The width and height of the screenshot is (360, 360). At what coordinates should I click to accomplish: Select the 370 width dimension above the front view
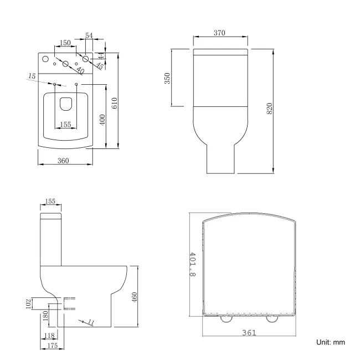219,33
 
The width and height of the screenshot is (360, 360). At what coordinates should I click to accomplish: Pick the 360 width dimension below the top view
63,161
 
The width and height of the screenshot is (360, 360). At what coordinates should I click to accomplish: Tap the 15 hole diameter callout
33,75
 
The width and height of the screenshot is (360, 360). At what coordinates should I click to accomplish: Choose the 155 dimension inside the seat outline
65,125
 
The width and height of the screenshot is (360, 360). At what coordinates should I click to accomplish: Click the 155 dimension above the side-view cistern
50,202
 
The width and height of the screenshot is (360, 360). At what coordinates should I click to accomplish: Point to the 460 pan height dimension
135,297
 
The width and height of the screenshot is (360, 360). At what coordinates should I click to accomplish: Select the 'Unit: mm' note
331,342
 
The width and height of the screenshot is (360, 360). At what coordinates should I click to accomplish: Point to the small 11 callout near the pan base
91,322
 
